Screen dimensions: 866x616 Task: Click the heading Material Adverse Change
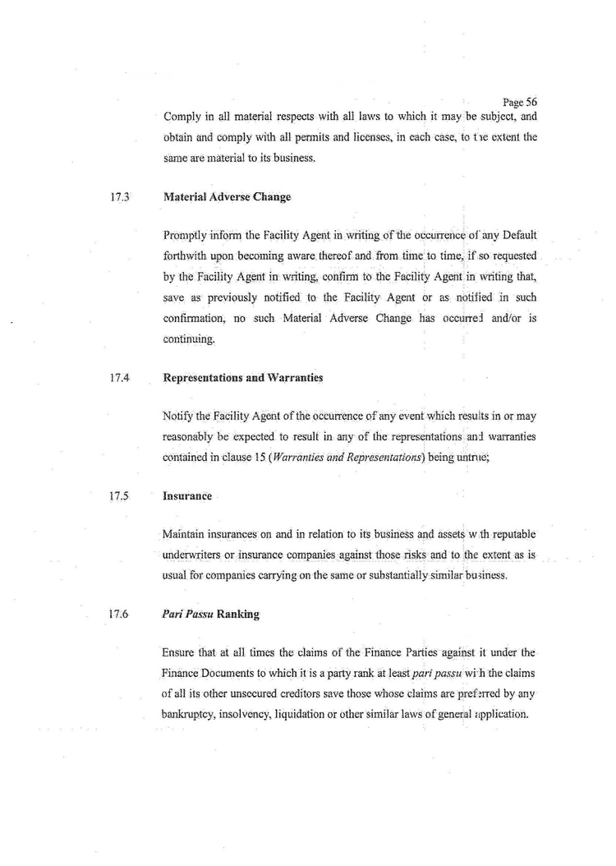(227, 197)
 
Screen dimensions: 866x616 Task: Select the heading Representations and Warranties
(243, 378)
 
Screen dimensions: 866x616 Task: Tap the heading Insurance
(187, 496)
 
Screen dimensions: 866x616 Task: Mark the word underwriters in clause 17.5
(198, 555)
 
